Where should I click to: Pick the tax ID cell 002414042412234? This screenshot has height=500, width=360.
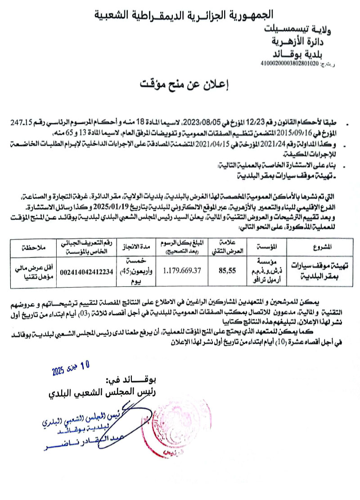pyautogui.click(x=86, y=271)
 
